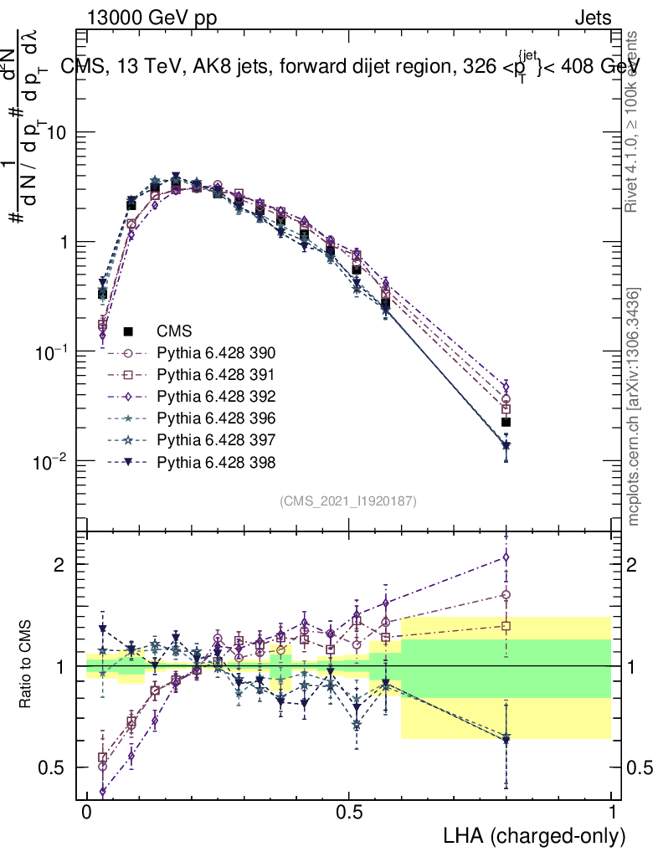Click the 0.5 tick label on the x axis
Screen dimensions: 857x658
pos(349,813)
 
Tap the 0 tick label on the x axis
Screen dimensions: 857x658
pos(86,813)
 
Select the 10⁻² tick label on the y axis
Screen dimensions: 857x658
pos(54,461)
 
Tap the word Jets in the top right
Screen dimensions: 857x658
pos(592,18)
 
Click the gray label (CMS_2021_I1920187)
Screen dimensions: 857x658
pos(348,501)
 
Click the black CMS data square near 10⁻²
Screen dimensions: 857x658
pos(506,422)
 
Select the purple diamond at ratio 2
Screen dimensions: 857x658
pos(506,557)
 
